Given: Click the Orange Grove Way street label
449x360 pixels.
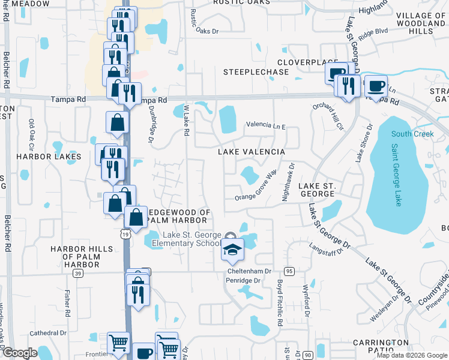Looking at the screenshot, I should click(x=256, y=187).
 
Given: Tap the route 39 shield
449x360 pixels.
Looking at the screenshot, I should click(x=78, y=273).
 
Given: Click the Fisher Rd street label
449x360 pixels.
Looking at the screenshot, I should click(x=67, y=304).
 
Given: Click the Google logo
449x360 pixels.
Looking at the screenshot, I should click(x=20, y=353).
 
